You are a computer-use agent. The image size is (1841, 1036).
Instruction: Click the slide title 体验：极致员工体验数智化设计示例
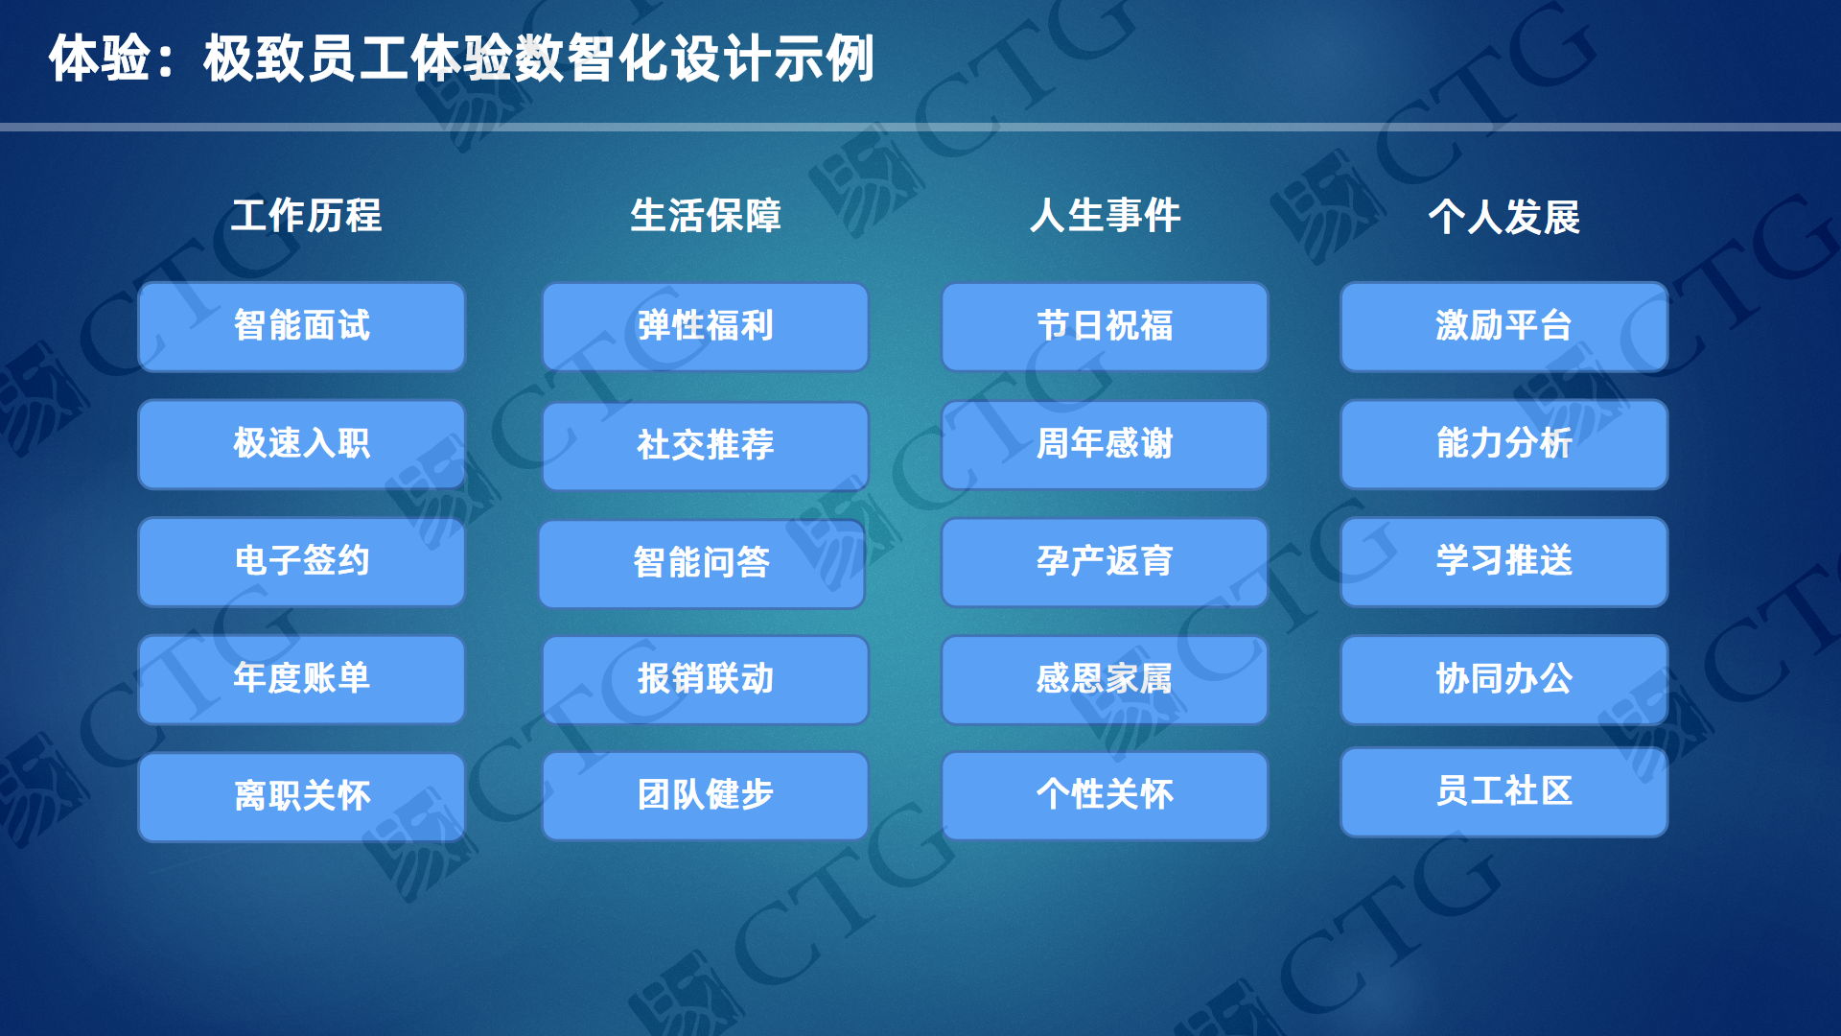[461, 59]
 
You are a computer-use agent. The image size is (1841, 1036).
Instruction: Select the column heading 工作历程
[306, 216]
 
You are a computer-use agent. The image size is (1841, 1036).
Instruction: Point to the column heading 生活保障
[706, 216]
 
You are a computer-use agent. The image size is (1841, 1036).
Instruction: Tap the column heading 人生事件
[1105, 216]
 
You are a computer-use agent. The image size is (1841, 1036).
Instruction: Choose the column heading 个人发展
[1503, 217]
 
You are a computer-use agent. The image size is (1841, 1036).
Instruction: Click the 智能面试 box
[302, 326]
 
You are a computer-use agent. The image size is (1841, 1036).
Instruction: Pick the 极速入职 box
[302, 444]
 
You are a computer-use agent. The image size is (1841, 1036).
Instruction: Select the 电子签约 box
[302, 561]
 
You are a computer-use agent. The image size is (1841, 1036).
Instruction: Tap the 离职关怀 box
[302, 796]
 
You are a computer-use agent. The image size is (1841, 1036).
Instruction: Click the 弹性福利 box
[706, 326]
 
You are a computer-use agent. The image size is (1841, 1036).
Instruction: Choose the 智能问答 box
[702, 563]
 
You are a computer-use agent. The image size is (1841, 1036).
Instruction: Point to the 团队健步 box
[706, 795]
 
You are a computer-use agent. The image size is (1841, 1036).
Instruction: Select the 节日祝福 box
[1105, 326]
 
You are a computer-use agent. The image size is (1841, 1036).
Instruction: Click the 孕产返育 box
[1105, 562]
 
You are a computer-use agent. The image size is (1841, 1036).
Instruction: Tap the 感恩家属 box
[1105, 679]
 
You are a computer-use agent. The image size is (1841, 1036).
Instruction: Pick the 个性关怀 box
[1105, 795]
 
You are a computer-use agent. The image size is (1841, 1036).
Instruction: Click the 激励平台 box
[1504, 326]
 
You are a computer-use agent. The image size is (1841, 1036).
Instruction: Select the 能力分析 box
[1504, 444]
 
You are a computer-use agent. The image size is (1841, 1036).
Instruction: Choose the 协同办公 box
[1504, 679]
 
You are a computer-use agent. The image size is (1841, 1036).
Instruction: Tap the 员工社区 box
[1504, 792]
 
